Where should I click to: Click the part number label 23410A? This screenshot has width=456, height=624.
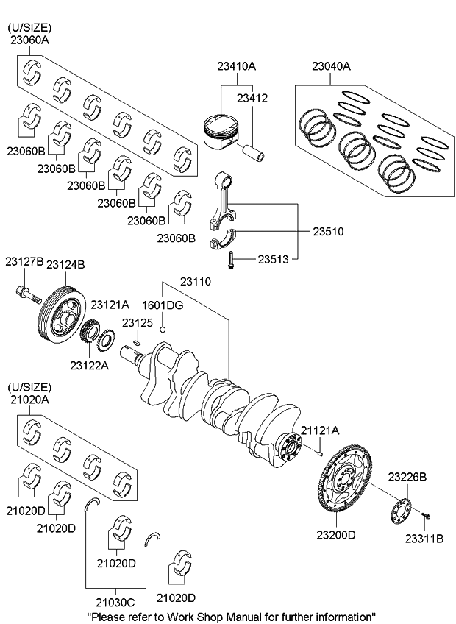[236, 66]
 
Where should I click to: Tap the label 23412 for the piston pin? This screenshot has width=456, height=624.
[252, 97]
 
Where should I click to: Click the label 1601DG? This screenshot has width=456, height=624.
[162, 304]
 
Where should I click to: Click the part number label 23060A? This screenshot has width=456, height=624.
[29, 42]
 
